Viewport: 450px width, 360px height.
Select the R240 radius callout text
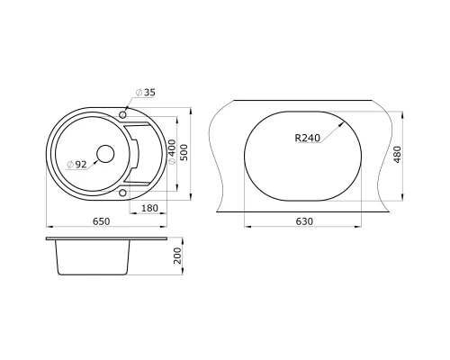308,139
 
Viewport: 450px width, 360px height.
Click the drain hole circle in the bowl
104,153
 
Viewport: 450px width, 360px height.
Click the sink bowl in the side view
93,260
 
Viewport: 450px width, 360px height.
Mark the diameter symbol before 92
68,165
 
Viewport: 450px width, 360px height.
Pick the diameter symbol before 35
139,93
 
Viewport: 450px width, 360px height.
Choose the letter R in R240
297,139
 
